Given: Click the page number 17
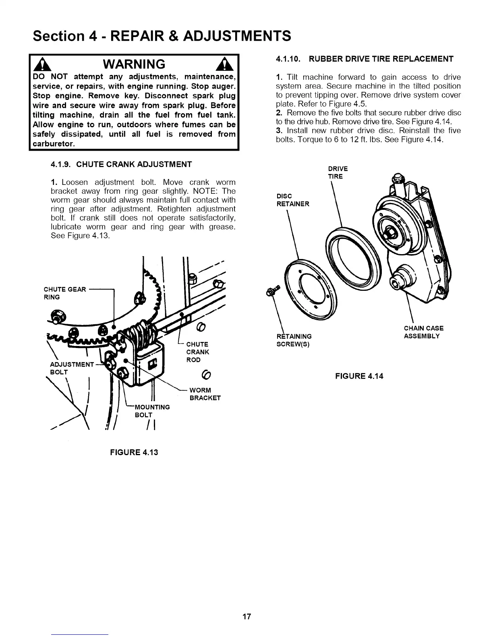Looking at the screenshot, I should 246,617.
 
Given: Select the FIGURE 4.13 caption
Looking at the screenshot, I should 134,452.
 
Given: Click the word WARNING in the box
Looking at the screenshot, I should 134,64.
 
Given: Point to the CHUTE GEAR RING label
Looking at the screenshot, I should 64,293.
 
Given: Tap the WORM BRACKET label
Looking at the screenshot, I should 205,394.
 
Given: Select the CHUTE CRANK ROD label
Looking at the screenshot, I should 197,352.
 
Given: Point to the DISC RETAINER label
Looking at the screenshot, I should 292,200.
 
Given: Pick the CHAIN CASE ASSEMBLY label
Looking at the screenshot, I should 423,332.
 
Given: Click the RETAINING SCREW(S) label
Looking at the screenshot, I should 294,340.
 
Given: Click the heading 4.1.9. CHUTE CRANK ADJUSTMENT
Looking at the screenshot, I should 121,164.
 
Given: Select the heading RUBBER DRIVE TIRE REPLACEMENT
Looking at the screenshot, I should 381,59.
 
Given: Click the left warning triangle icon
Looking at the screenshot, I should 39,65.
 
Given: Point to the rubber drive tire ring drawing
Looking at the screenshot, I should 353,256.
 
